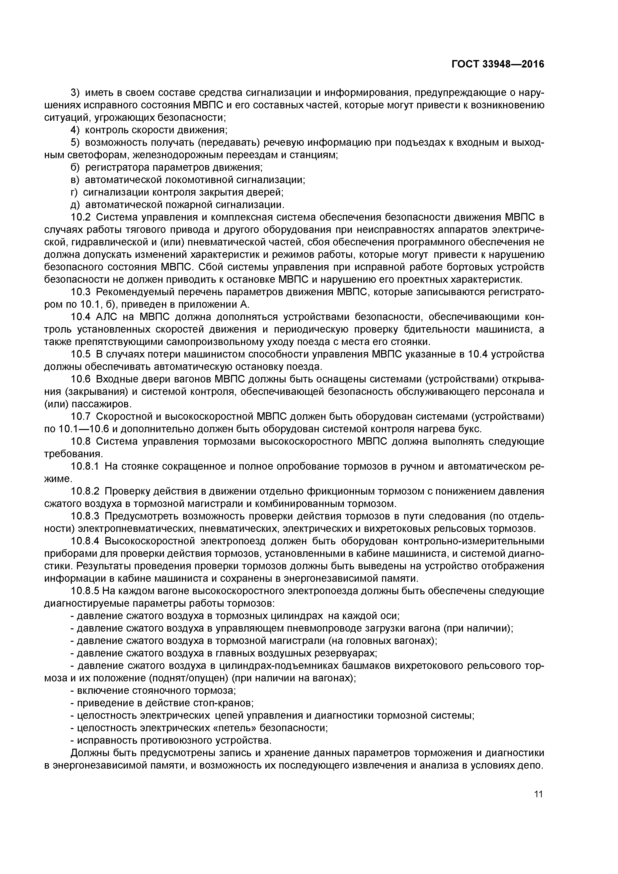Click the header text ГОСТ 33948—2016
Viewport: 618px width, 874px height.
pyautogui.click(x=498, y=64)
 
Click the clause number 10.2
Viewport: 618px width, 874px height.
pyautogui.click(x=81, y=217)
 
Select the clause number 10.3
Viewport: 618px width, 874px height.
pyautogui.click(x=81, y=292)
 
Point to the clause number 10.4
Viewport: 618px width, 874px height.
pyautogui.click(x=81, y=317)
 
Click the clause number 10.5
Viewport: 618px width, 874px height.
pyautogui.click(x=81, y=354)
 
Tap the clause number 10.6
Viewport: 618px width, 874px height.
pyautogui.click(x=81, y=379)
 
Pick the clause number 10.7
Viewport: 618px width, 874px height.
pyautogui.click(x=81, y=417)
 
